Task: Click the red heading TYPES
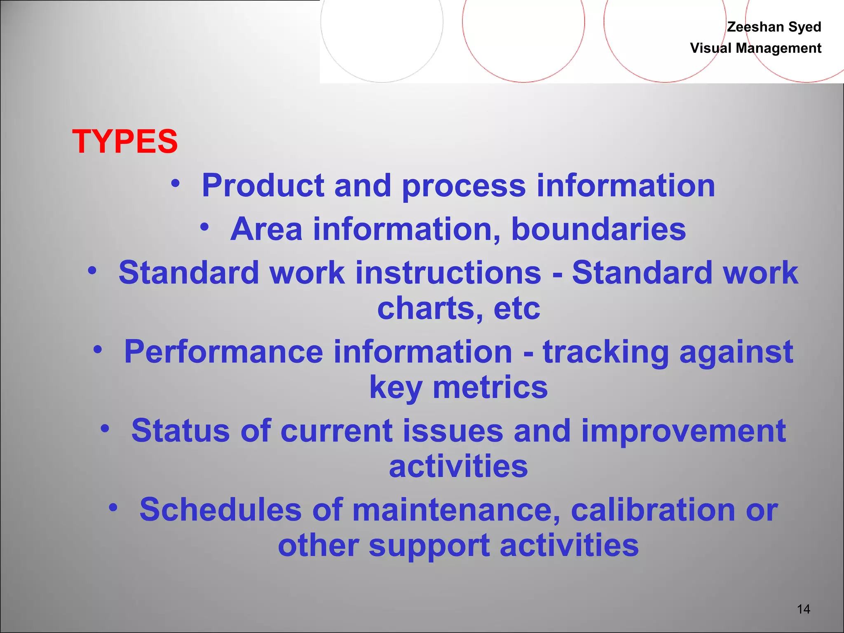point(125,141)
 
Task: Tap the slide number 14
point(803,609)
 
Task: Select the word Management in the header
point(778,48)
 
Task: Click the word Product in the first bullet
point(263,185)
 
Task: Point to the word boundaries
point(598,229)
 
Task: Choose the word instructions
point(448,273)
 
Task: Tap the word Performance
point(223,352)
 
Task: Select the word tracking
point(605,352)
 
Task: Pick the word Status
point(180,431)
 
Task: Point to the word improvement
point(683,431)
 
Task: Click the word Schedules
point(220,510)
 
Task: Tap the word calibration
point(653,510)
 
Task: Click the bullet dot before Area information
point(205,226)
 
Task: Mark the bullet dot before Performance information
point(98,349)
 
